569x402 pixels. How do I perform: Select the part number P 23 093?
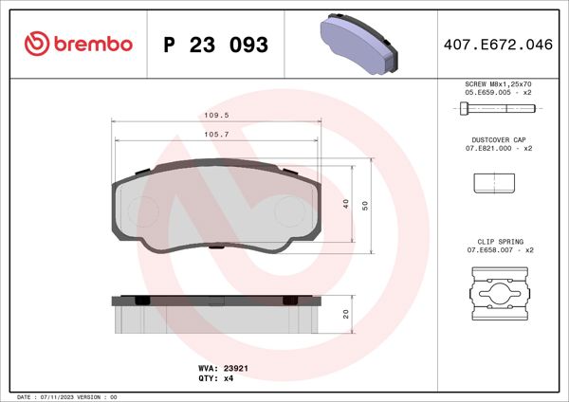(x=215, y=45)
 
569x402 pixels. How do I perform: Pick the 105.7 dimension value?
(x=220, y=135)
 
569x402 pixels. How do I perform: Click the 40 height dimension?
(x=346, y=203)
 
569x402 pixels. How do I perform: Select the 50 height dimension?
(x=364, y=203)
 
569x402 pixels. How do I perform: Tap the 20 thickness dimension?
(x=346, y=314)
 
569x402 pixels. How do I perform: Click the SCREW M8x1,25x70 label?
(x=498, y=84)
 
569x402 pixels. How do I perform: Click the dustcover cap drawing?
(x=494, y=182)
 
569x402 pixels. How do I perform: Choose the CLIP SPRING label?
(x=498, y=242)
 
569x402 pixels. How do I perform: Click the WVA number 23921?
(x=235, y=366)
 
